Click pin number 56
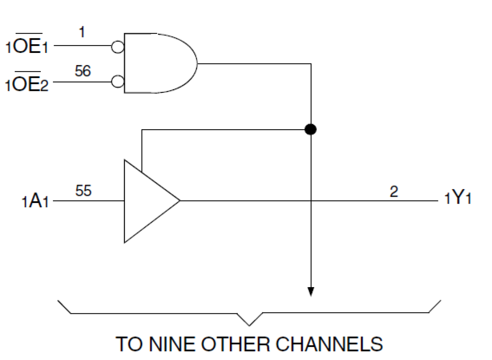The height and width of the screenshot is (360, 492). click(83, 71)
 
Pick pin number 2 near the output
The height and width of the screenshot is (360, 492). click(394, 192)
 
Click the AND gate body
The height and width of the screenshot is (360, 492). click(157, 63)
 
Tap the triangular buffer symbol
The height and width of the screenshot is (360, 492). click(145, 201)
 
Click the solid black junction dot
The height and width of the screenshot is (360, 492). click(310, 129)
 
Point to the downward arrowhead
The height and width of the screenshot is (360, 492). click(311, 292)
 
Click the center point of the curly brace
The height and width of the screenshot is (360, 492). click(250, 324)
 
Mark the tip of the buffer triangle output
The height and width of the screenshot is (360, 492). click(179, 201)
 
